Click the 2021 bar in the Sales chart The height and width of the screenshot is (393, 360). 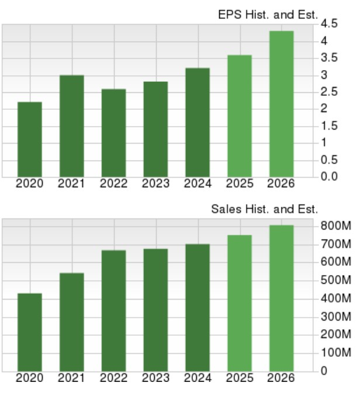point(71,321)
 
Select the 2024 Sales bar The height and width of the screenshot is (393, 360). point(197,307)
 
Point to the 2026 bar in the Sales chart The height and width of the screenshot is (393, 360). point(281,297)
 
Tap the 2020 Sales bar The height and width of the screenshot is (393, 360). point(29,331)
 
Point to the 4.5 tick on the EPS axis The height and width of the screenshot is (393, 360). point(329,24)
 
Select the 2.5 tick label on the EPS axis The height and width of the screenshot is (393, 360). point(329,92)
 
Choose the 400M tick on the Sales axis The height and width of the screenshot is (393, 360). point(336,298)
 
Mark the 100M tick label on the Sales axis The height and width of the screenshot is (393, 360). point(336,353)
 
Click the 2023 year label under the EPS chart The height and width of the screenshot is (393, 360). point(155,184)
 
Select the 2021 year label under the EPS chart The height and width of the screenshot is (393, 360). point(71,184)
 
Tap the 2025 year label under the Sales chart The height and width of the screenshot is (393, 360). point(239,378)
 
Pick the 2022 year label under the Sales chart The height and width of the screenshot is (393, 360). point(113,378)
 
